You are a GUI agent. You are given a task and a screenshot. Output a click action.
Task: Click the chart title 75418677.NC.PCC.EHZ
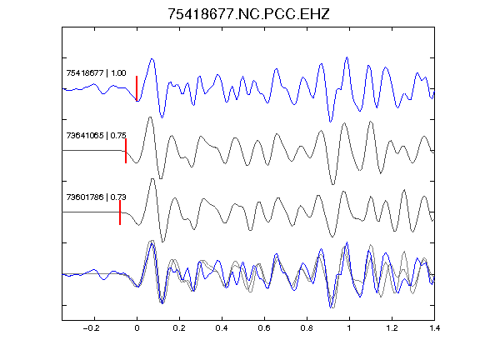[x=248, y=14]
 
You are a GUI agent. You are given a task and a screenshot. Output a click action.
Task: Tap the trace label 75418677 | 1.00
[x=96, y=73]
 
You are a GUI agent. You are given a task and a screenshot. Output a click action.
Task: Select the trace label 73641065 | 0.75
[x=96, y=135]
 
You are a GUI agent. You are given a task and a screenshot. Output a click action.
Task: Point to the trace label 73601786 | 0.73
[x=96, y=197]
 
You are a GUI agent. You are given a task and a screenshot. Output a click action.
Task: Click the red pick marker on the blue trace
[x=137, y=88]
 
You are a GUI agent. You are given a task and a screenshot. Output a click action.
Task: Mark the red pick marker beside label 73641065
[x=126, y=151]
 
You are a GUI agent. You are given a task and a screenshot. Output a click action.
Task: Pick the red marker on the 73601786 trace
[x=120, y=212]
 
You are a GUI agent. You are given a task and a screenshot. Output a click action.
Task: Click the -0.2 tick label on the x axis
[x=91, y=328]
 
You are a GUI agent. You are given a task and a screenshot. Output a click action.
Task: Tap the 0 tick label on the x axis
[x=137, y=328]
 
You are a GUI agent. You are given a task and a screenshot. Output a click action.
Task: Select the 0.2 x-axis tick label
[x=179, y=328]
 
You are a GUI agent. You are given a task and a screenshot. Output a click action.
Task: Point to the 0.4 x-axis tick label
[x=222, y=328]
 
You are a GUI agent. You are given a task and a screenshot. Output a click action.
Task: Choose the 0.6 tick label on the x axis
[x=264, y=328]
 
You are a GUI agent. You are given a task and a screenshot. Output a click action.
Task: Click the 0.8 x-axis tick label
[x=307, y=328]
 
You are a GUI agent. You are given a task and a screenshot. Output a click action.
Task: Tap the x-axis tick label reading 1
[x=349, y=328]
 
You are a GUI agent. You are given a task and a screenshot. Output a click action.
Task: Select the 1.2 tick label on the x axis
[x=392, y=328]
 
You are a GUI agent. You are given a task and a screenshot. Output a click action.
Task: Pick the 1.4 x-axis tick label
[x=434, y=328]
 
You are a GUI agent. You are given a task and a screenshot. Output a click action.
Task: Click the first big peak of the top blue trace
[x=152, y=59]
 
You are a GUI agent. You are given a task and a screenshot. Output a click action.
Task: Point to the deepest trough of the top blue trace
[x=330, y=122]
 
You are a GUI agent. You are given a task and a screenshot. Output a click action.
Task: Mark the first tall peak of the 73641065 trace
[x=150, y=117]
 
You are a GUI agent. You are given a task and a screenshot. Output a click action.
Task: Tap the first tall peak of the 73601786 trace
[x=152, y=179]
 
